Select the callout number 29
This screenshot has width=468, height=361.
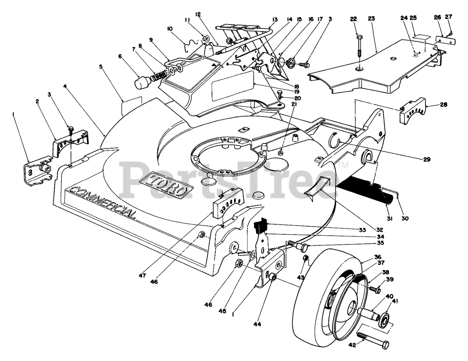click(x=427, y=159)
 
